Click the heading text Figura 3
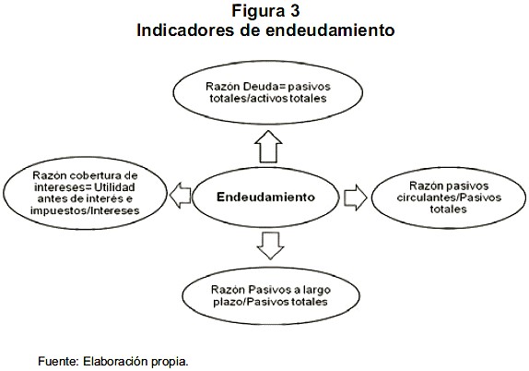tap(265, 11)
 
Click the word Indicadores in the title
tap(185, 30)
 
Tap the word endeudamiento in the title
tap(330, 30)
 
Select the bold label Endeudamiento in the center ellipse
tap(265, 197)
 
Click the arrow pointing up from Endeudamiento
tap(268, 147)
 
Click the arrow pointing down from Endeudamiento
tap(270, 245)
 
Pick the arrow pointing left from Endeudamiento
tap(180, 196)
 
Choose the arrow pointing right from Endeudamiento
tap(356, 197)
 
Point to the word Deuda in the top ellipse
tap(257, 87)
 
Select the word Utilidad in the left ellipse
tap(114, 186)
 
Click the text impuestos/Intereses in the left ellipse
tap(85, 210)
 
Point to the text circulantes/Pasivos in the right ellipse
tap(449, 197)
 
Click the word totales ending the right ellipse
tap(448, 209)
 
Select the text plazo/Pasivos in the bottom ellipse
tap(251, 302)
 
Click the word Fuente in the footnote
tap(58, 361)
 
